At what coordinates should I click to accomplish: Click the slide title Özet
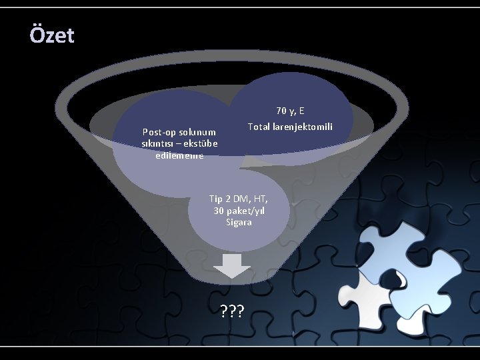[52, 35]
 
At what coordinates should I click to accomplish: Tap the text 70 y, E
[290, 111]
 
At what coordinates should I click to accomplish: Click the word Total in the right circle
[259, 127]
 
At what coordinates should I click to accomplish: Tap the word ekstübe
[198, 143]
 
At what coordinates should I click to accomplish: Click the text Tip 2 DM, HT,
[238, 199]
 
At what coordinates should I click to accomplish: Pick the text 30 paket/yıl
[238, 211]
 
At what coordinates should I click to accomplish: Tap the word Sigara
[239, 222]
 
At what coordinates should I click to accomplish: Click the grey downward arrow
[232, 265]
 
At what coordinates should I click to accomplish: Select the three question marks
[232, 310]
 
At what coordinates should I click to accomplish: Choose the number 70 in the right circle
[282, 111]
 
